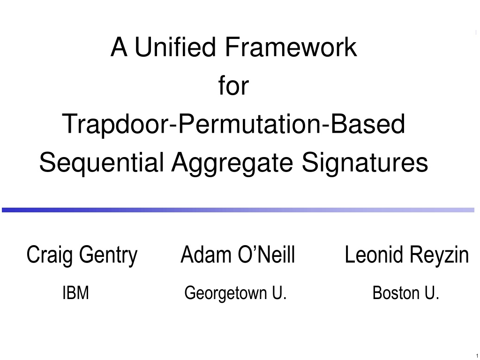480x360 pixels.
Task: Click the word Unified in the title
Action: (175, 47)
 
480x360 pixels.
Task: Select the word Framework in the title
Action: (291, 47)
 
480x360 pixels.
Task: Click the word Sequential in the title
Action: (101, 163)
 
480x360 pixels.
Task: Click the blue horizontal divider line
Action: (238, 210)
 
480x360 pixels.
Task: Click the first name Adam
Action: (206, 255)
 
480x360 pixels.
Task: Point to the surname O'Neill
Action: (266, 255)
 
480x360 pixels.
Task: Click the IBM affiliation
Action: (75, 293)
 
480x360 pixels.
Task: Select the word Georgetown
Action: (225, 293)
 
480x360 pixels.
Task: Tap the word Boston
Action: (396, 293)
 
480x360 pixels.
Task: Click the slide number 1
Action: (477, 355)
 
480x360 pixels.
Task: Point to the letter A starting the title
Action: (119, 47)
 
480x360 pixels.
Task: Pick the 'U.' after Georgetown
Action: (279, 293)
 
